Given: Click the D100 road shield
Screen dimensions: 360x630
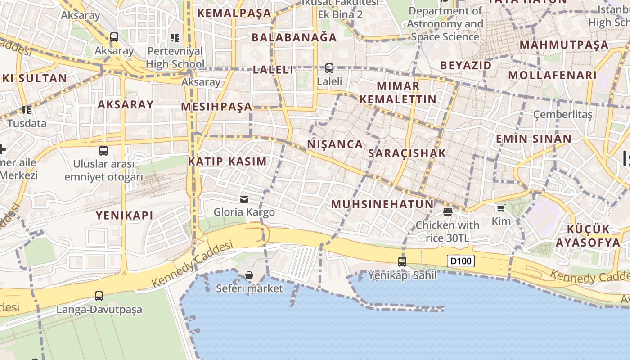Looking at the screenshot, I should [461, 261].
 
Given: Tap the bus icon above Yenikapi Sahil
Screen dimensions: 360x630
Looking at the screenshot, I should [402, 261].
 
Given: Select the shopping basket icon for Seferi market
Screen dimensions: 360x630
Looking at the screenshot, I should [249, 275].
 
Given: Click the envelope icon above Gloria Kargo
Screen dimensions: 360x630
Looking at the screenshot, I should [244, 199].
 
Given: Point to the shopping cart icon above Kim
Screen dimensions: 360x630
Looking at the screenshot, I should [501, 208].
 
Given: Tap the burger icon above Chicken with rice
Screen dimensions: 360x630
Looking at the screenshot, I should [447, 211].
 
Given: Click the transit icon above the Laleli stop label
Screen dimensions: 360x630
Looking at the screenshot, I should [329, 68].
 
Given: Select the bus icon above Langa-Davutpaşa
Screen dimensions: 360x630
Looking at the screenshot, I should [99, 296].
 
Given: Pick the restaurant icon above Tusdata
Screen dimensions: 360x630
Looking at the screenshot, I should [27, 110].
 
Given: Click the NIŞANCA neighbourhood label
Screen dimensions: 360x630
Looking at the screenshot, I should [335, 144].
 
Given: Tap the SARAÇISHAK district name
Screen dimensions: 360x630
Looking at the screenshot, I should [407, 153].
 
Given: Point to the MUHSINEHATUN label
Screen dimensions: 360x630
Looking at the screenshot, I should [382, 204].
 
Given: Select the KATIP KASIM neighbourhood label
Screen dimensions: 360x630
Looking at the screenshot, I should [227, 162].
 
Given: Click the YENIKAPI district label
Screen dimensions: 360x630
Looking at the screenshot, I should [124, 216].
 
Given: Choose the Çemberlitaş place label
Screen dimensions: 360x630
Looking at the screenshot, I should [562, 114].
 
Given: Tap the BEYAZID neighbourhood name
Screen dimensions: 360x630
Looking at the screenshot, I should [466, 65].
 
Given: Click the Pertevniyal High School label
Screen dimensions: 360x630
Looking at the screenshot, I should [175, 57].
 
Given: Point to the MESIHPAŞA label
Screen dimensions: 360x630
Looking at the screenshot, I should [216, 107].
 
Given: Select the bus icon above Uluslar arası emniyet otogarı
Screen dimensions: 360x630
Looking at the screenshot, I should [103, 151].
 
